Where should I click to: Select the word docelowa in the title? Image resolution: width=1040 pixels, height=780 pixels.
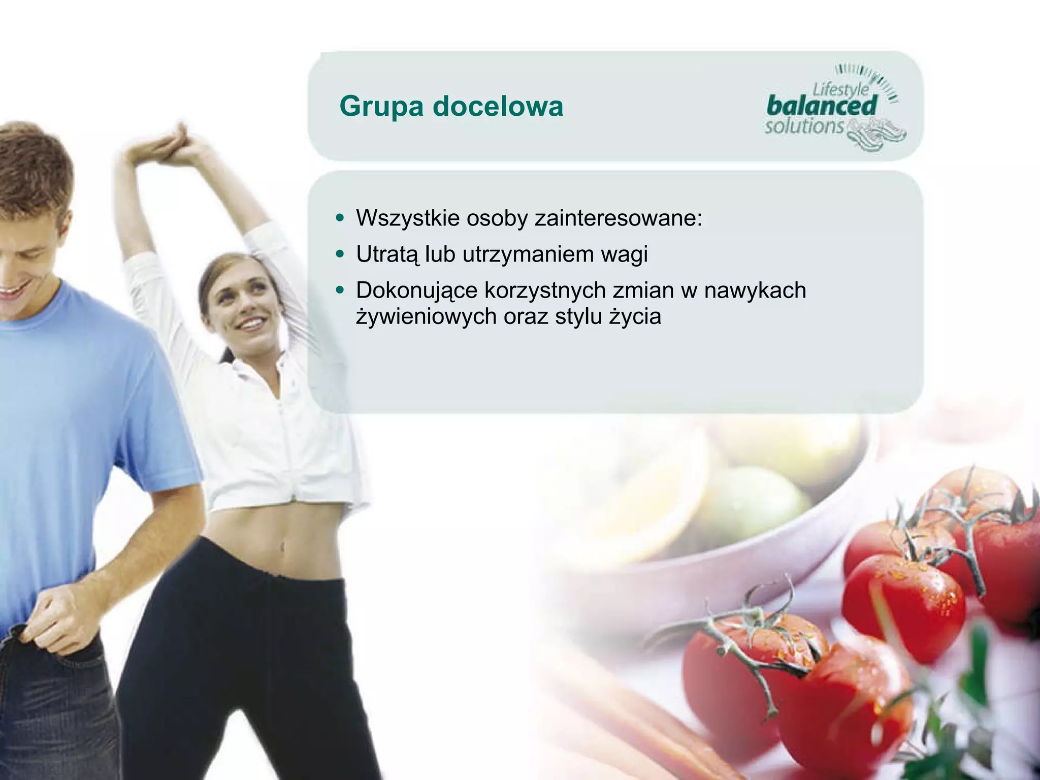click(498, 107)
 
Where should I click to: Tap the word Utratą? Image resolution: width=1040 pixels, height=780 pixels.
click(387, 254)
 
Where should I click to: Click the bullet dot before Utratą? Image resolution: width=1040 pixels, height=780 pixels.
click(340, 253)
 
